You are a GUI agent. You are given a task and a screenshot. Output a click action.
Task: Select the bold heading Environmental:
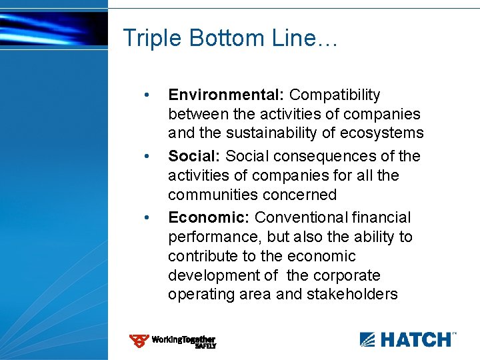pos(226,95)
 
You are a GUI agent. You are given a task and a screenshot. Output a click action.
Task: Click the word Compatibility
pos(335,95)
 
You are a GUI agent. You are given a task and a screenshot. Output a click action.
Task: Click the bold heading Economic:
pos(209,218)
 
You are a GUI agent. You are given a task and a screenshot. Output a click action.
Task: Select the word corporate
pos(351,275)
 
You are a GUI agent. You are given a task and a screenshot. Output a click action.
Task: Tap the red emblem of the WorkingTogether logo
pos(139,341)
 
